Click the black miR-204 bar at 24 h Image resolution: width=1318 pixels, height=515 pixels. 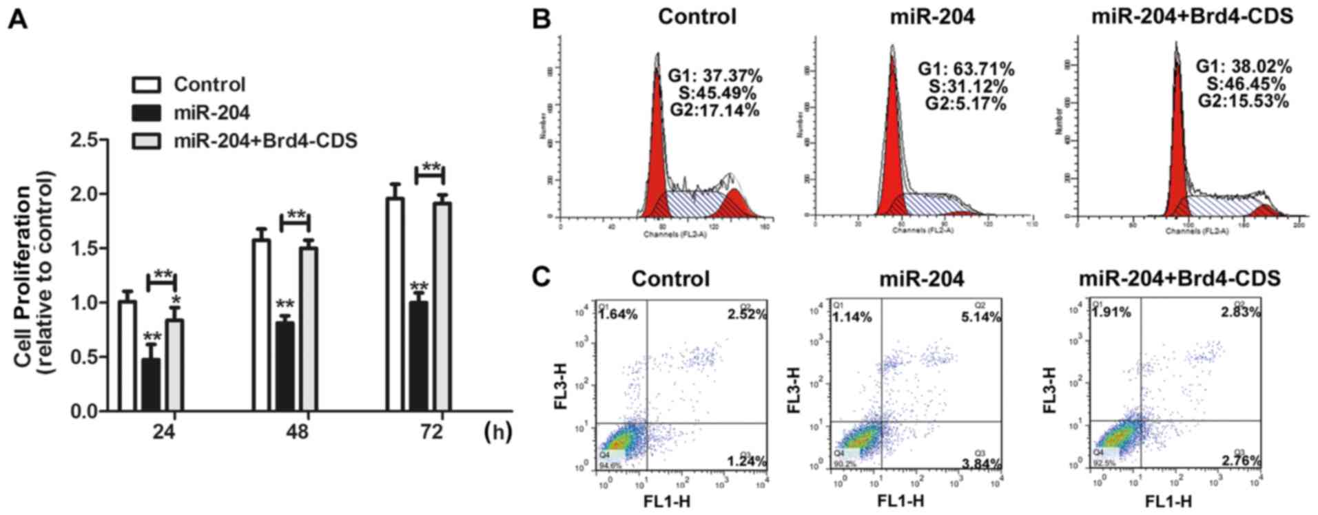pyautogui.click(x=150, y=385)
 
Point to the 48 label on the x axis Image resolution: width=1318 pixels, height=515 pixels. pyautogui.click(x=298, y=432)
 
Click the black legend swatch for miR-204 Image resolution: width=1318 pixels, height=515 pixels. pyautogui.click(x=145, y=113)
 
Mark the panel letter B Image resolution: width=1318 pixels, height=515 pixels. pyautogui.click(x=542, y=19)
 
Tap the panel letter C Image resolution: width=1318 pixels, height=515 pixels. pyautogui.click(x=542, y=276)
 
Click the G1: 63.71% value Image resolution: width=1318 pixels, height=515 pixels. pyautogui.click(x=965, y=69)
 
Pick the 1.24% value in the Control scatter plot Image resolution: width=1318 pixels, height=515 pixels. pyautogui.click(x=746, y=461)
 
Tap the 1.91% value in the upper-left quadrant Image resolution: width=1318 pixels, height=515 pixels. pyautogui.click(x=1111, y=312)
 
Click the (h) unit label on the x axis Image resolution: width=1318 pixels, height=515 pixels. pyautogui.click(x=497, y=432)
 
